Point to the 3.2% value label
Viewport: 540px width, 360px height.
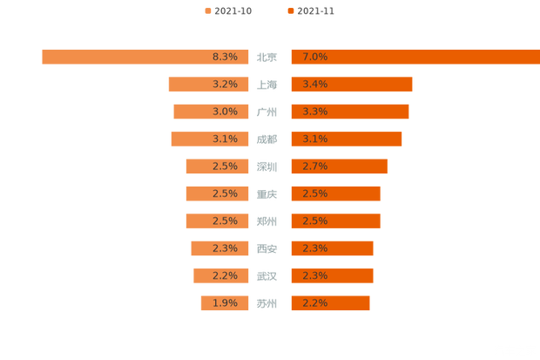point(225,85)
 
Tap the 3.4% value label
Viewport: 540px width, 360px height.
point(314,85)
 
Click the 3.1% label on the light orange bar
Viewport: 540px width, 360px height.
point(225,139)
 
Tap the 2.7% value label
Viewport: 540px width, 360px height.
point(314,166)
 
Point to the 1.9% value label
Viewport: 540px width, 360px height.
point(225,303)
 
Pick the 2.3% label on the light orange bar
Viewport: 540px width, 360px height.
point(225,248)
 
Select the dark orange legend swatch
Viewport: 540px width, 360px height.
point(289,10)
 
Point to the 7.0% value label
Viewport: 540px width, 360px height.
point(314,57)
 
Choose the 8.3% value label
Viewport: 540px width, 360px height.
point(225,57)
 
